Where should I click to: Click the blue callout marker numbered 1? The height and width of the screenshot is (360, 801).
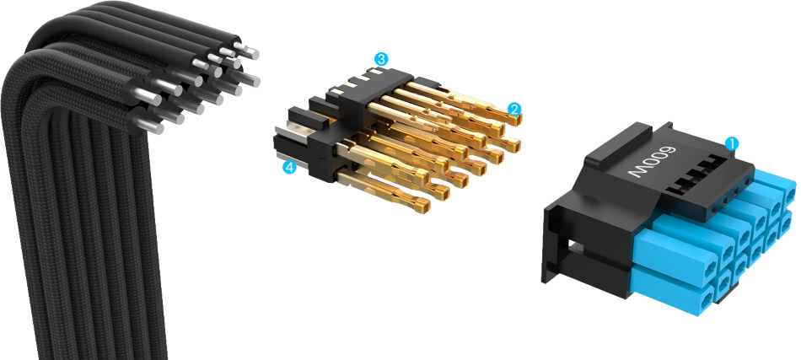(732, 143)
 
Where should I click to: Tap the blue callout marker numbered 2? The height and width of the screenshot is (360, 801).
(514, 109)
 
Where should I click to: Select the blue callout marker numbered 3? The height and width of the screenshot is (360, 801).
(380, 59)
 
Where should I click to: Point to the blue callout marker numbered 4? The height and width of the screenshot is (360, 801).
(290, 167)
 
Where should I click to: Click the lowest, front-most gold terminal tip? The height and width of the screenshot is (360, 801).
(422, 206)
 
